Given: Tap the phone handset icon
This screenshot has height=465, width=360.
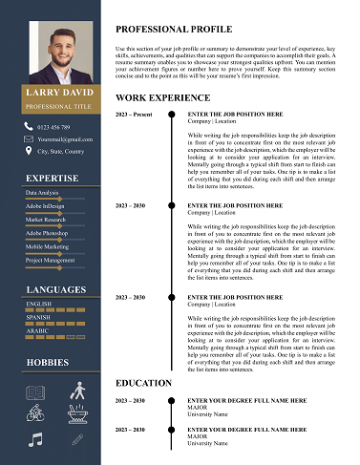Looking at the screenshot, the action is [x=29, y=126].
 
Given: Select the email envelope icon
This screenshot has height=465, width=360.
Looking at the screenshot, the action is [x=29, y=138].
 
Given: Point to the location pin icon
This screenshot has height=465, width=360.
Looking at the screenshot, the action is [x=29, y=151].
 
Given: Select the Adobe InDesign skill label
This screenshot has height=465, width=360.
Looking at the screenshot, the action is [x=45, y=206].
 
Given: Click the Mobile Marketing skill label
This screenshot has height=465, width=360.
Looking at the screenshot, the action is [x=47, y=246].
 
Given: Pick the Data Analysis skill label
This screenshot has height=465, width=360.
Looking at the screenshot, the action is [x=42, y=193].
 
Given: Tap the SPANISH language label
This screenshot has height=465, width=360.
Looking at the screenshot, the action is [x=39, y=317].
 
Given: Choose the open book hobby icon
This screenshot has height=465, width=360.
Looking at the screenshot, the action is [x=35, y=391].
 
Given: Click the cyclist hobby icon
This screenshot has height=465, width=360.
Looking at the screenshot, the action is [x=35, y=413].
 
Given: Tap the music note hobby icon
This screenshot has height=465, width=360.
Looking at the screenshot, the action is [x=35, y=439].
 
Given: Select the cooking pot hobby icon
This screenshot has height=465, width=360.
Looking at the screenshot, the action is [x=76, y=413].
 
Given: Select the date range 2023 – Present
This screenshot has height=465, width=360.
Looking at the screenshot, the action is [x=134, y=114].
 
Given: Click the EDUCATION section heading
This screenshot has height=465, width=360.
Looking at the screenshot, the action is [x=143, y=383].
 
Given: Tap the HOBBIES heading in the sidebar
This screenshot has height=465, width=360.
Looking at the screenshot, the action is [x=48, y=363].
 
